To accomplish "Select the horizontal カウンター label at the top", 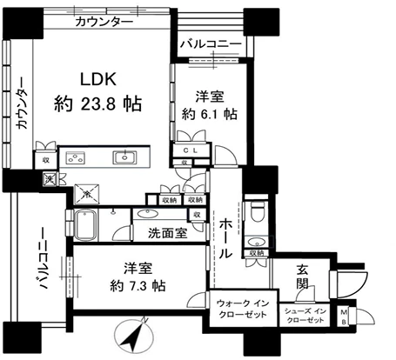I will tap(104, 20).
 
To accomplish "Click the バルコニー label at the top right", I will tap(210, 42).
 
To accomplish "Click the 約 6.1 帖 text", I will tap(207, 112).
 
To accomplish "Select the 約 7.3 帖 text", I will tap(131, 284).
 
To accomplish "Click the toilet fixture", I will tap(256, 212).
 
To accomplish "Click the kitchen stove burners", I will tap(74, 158).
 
